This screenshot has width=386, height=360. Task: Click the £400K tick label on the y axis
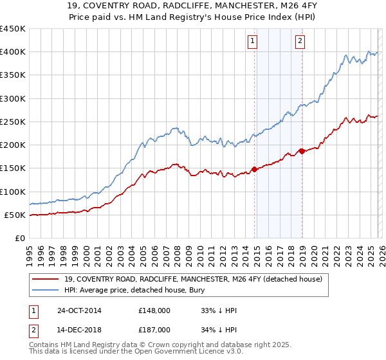point(13,52)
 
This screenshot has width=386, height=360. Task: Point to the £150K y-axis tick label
point(13,168)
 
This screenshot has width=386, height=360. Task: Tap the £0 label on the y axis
point(19,239)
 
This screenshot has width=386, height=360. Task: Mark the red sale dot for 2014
point(254,169)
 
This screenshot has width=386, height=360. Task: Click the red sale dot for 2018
point(302,151)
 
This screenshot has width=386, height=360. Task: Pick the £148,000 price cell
point(154,310)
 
